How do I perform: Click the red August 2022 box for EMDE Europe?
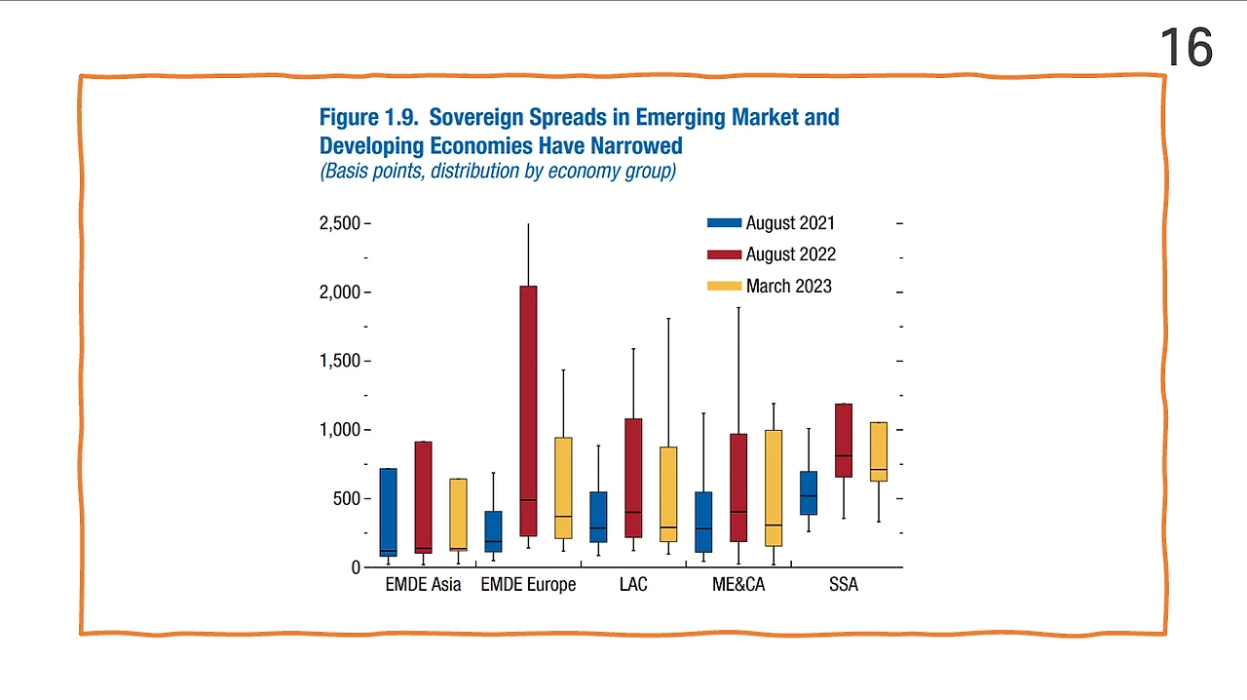527,410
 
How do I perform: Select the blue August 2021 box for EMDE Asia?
388,512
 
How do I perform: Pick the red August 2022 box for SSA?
844,440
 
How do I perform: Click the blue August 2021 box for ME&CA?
703,522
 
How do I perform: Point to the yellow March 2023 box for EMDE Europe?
562,487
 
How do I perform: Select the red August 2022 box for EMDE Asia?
423,496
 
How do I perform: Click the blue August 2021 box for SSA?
809,492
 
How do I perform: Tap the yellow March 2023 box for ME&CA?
774,487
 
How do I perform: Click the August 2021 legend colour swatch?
724,223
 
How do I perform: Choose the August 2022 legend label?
790,254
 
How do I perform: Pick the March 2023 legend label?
788,287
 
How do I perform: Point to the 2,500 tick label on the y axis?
339,223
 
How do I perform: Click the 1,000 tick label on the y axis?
339,430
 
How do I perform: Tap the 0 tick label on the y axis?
356,567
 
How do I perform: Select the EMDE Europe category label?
528,585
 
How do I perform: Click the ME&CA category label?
738,585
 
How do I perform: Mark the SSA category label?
844,585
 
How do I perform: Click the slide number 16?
1186,48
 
